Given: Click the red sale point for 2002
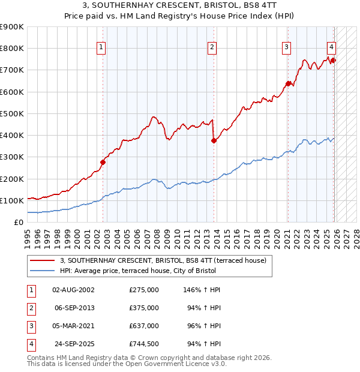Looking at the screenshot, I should point(103,162).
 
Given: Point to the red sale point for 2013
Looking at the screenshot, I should point(214,140).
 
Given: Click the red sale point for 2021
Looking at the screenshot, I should point(288,83).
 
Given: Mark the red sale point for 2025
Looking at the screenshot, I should point(334,60).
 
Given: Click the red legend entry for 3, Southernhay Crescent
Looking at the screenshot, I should point(166,260).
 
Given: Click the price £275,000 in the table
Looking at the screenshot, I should point(144,290).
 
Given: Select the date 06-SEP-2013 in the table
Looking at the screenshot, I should point(74,308).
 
